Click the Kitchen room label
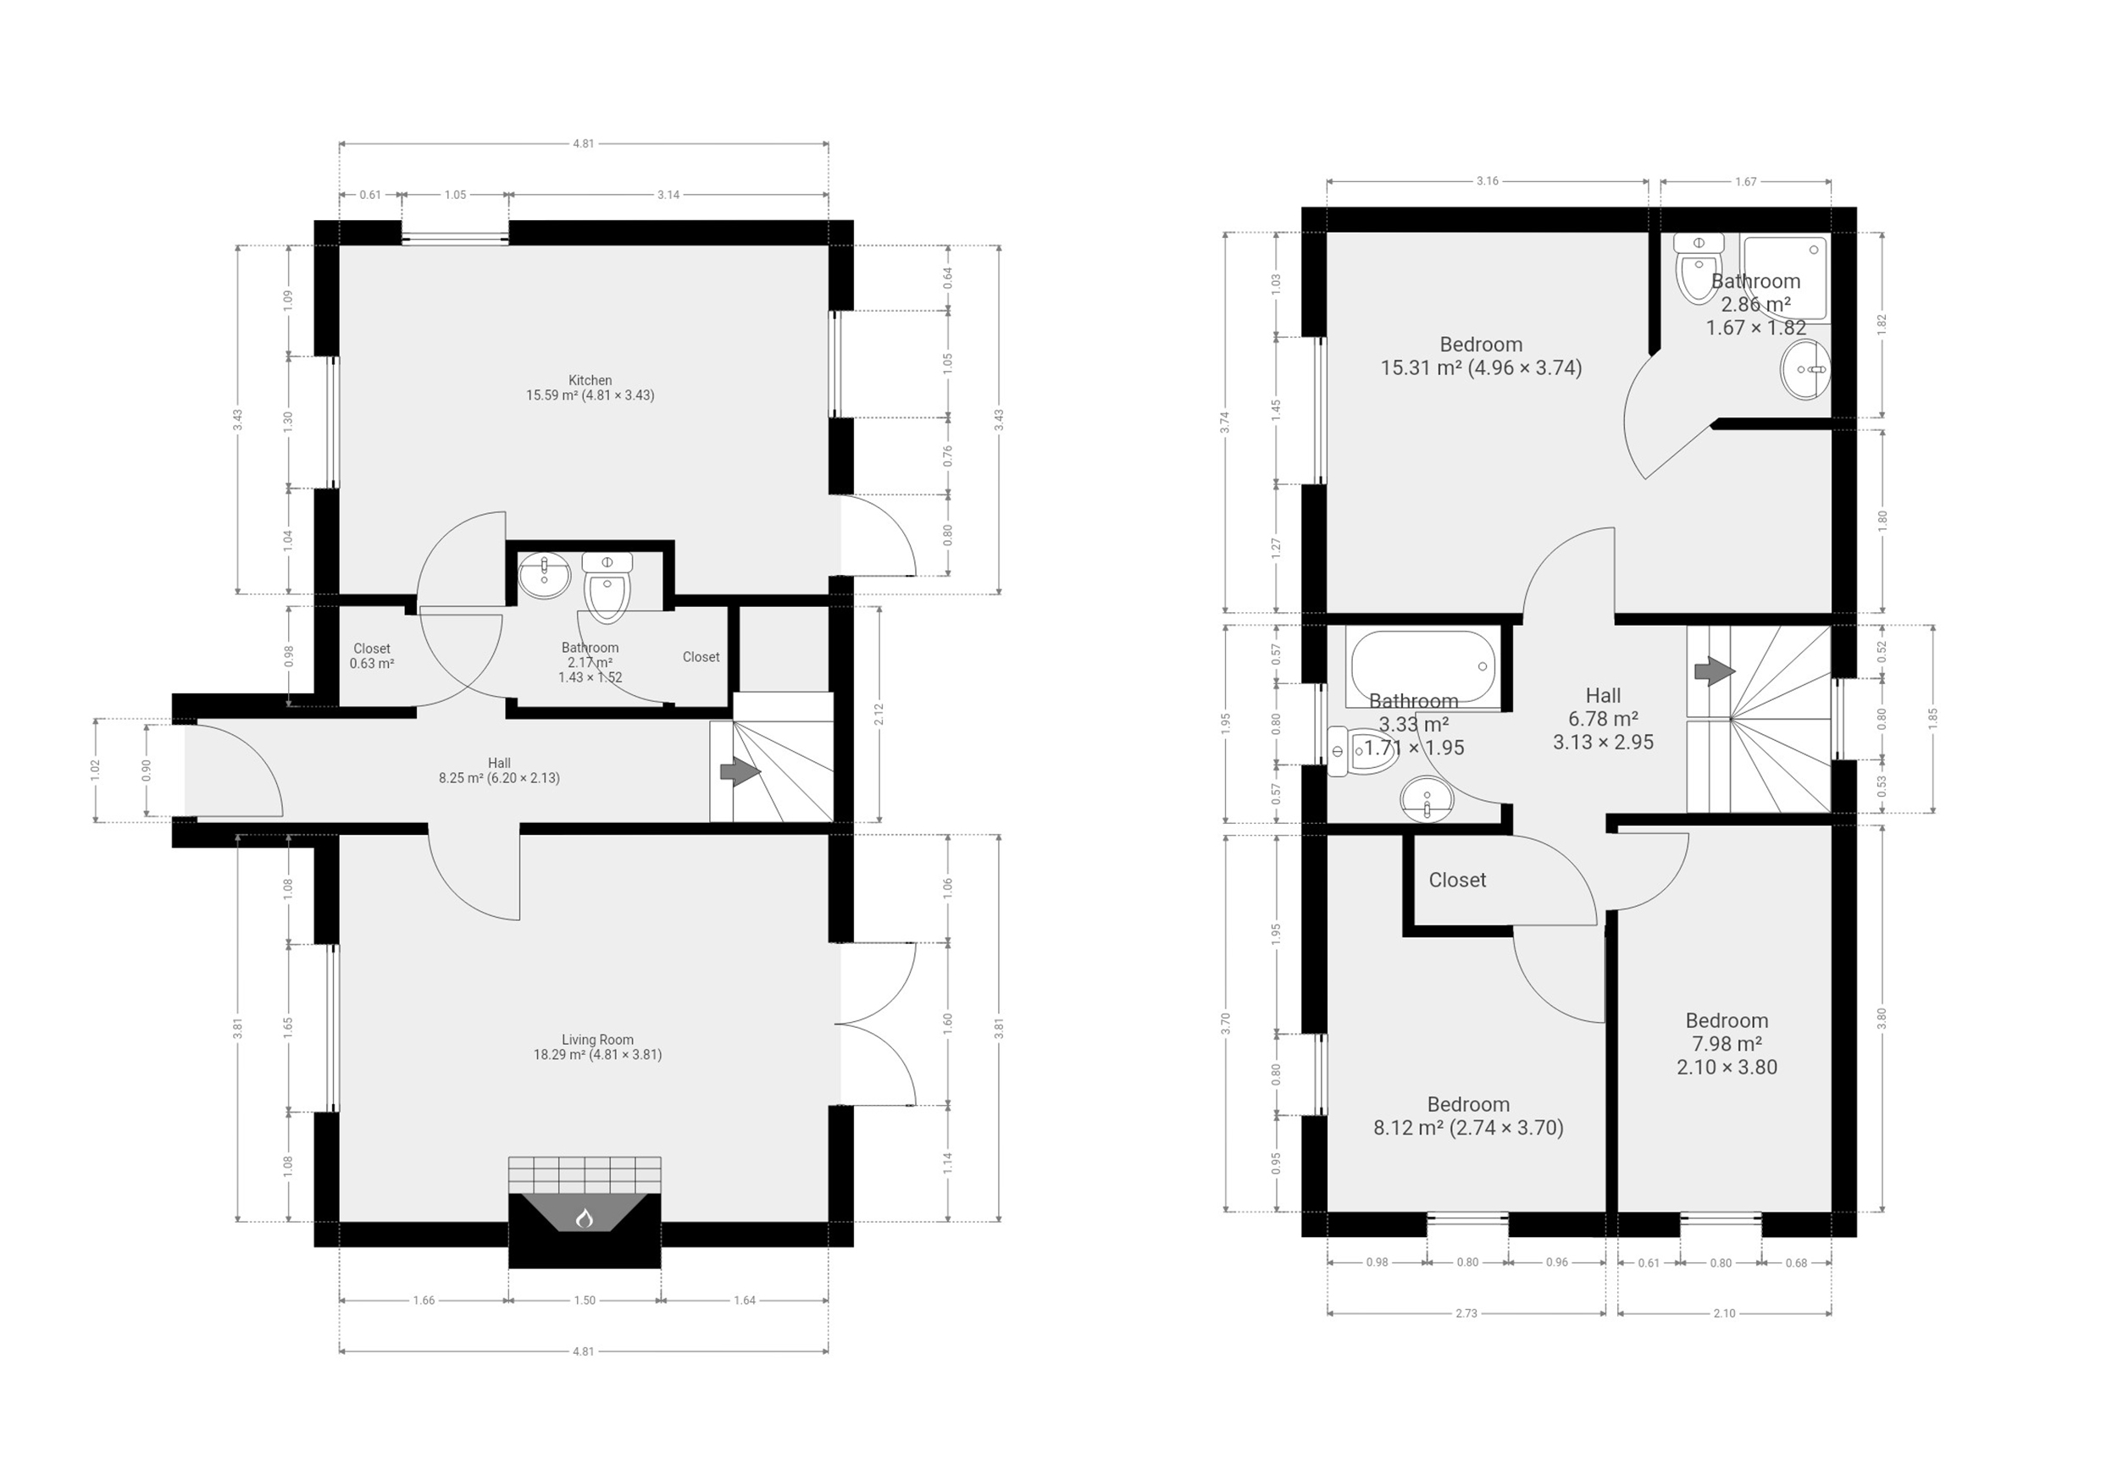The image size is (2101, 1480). (590, 388)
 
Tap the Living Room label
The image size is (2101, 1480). (597, 1046)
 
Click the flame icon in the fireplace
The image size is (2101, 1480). (585, 1218)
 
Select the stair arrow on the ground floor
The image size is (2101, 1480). (740, 772)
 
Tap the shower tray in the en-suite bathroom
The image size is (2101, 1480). (1785, 277)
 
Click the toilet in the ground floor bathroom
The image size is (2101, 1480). (607, 588)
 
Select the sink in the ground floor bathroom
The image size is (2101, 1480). (545, 577)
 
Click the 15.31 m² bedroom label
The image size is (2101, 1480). (1481, 356)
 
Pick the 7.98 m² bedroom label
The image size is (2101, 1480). (1727, 1044)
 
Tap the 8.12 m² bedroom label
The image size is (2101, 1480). (1468, 1116)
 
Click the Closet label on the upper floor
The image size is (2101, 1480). (1457, 880)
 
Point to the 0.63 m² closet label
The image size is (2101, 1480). (372, 656)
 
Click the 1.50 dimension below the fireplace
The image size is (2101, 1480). (585, 1300)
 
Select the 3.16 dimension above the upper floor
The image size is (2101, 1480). (1487, 181)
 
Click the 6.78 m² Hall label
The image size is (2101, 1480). (1603, 719)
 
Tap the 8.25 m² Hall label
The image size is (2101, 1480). (499, 770)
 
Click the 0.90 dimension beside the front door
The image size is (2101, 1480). (147, 771)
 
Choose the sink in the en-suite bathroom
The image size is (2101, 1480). (1804, 369)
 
